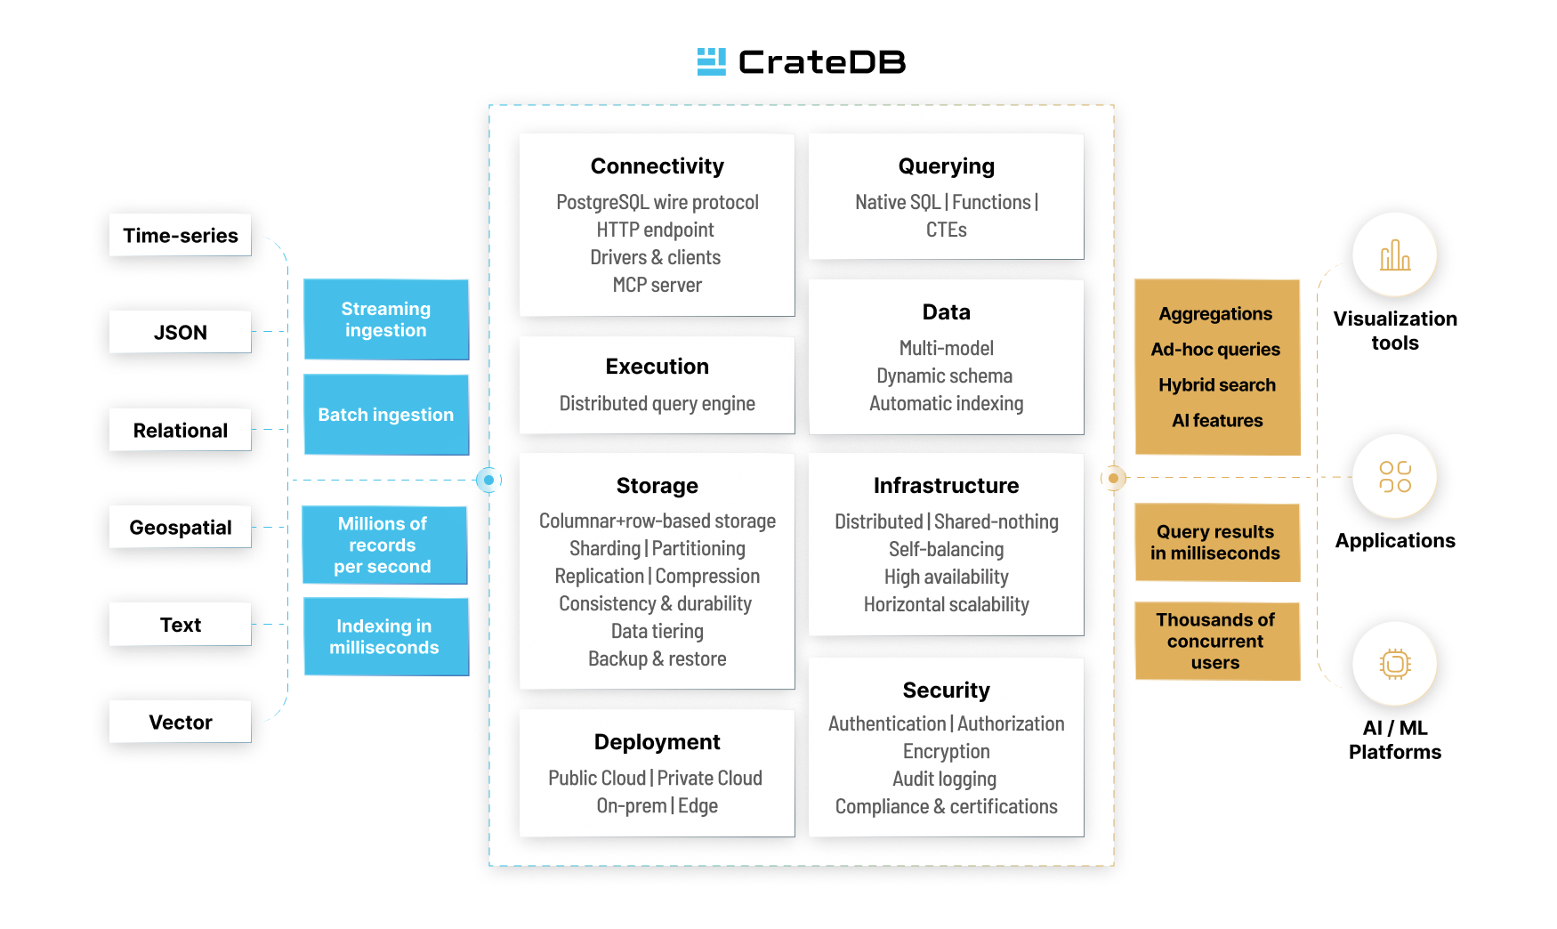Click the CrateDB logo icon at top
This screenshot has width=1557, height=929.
click(x=711, y=61)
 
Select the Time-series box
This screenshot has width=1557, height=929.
click(x=181, y=236)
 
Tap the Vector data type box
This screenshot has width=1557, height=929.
click(x=181, y=722)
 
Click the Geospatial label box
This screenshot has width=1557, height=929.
click(x=181, y=527)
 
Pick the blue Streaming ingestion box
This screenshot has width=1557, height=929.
click(x=386, y=319)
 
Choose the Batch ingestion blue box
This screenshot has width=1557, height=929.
click(x=386, y=415)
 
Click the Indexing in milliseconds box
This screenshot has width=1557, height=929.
click(x=386, y=637)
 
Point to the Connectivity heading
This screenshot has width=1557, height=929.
click(x=657, y=166)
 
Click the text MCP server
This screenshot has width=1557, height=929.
click(x=657, y=285)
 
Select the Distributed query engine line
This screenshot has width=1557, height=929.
click(x=657, y=403)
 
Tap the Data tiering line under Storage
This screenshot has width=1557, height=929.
click(x=657, y=631)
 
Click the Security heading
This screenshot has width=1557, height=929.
click(x=946, y=690)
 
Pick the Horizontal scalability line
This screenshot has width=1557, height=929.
click(x=946, y=604)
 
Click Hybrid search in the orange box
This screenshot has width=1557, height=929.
click(x=1216, y=385)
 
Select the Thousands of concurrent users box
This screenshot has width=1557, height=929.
click(x=1216, y=641)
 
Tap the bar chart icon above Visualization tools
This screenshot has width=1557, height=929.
click(x=1394, y=255)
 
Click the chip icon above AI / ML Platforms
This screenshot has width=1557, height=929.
click(x=1394, y=664)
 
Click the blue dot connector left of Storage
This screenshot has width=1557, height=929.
click(x=488, y=480)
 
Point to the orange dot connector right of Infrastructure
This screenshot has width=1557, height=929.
click(x=1113, y=478)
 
